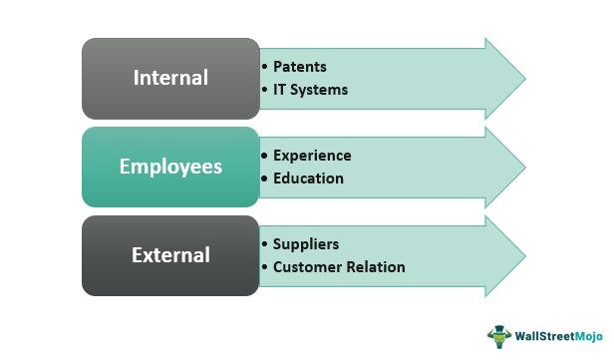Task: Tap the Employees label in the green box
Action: pyautogui.click(x=171, y=166)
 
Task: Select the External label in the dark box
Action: pyautogui.click(x=170, y=254)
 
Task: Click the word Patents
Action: pyautogui.click(x=299, y=67)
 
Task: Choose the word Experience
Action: pyautogui.click(x=312, y=156)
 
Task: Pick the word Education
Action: pyautogui.click(x=308, y=179)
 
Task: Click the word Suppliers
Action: pyautogui.click(x=306, y=244)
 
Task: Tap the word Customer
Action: pyautogui.click(x=306, y=266)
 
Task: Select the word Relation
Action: pyautogui.click(x=374, y=266)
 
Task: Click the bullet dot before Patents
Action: pyautogui.click(x=264, y=67)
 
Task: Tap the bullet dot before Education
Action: pyautogui.click(x=264, y=179)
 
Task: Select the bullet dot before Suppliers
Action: pyautogui.click(x=264, y=244)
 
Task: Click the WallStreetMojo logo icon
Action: pyautogui.click(x=498, y=336)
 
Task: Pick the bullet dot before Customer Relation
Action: pyautogui.click(x=264, y=266)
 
